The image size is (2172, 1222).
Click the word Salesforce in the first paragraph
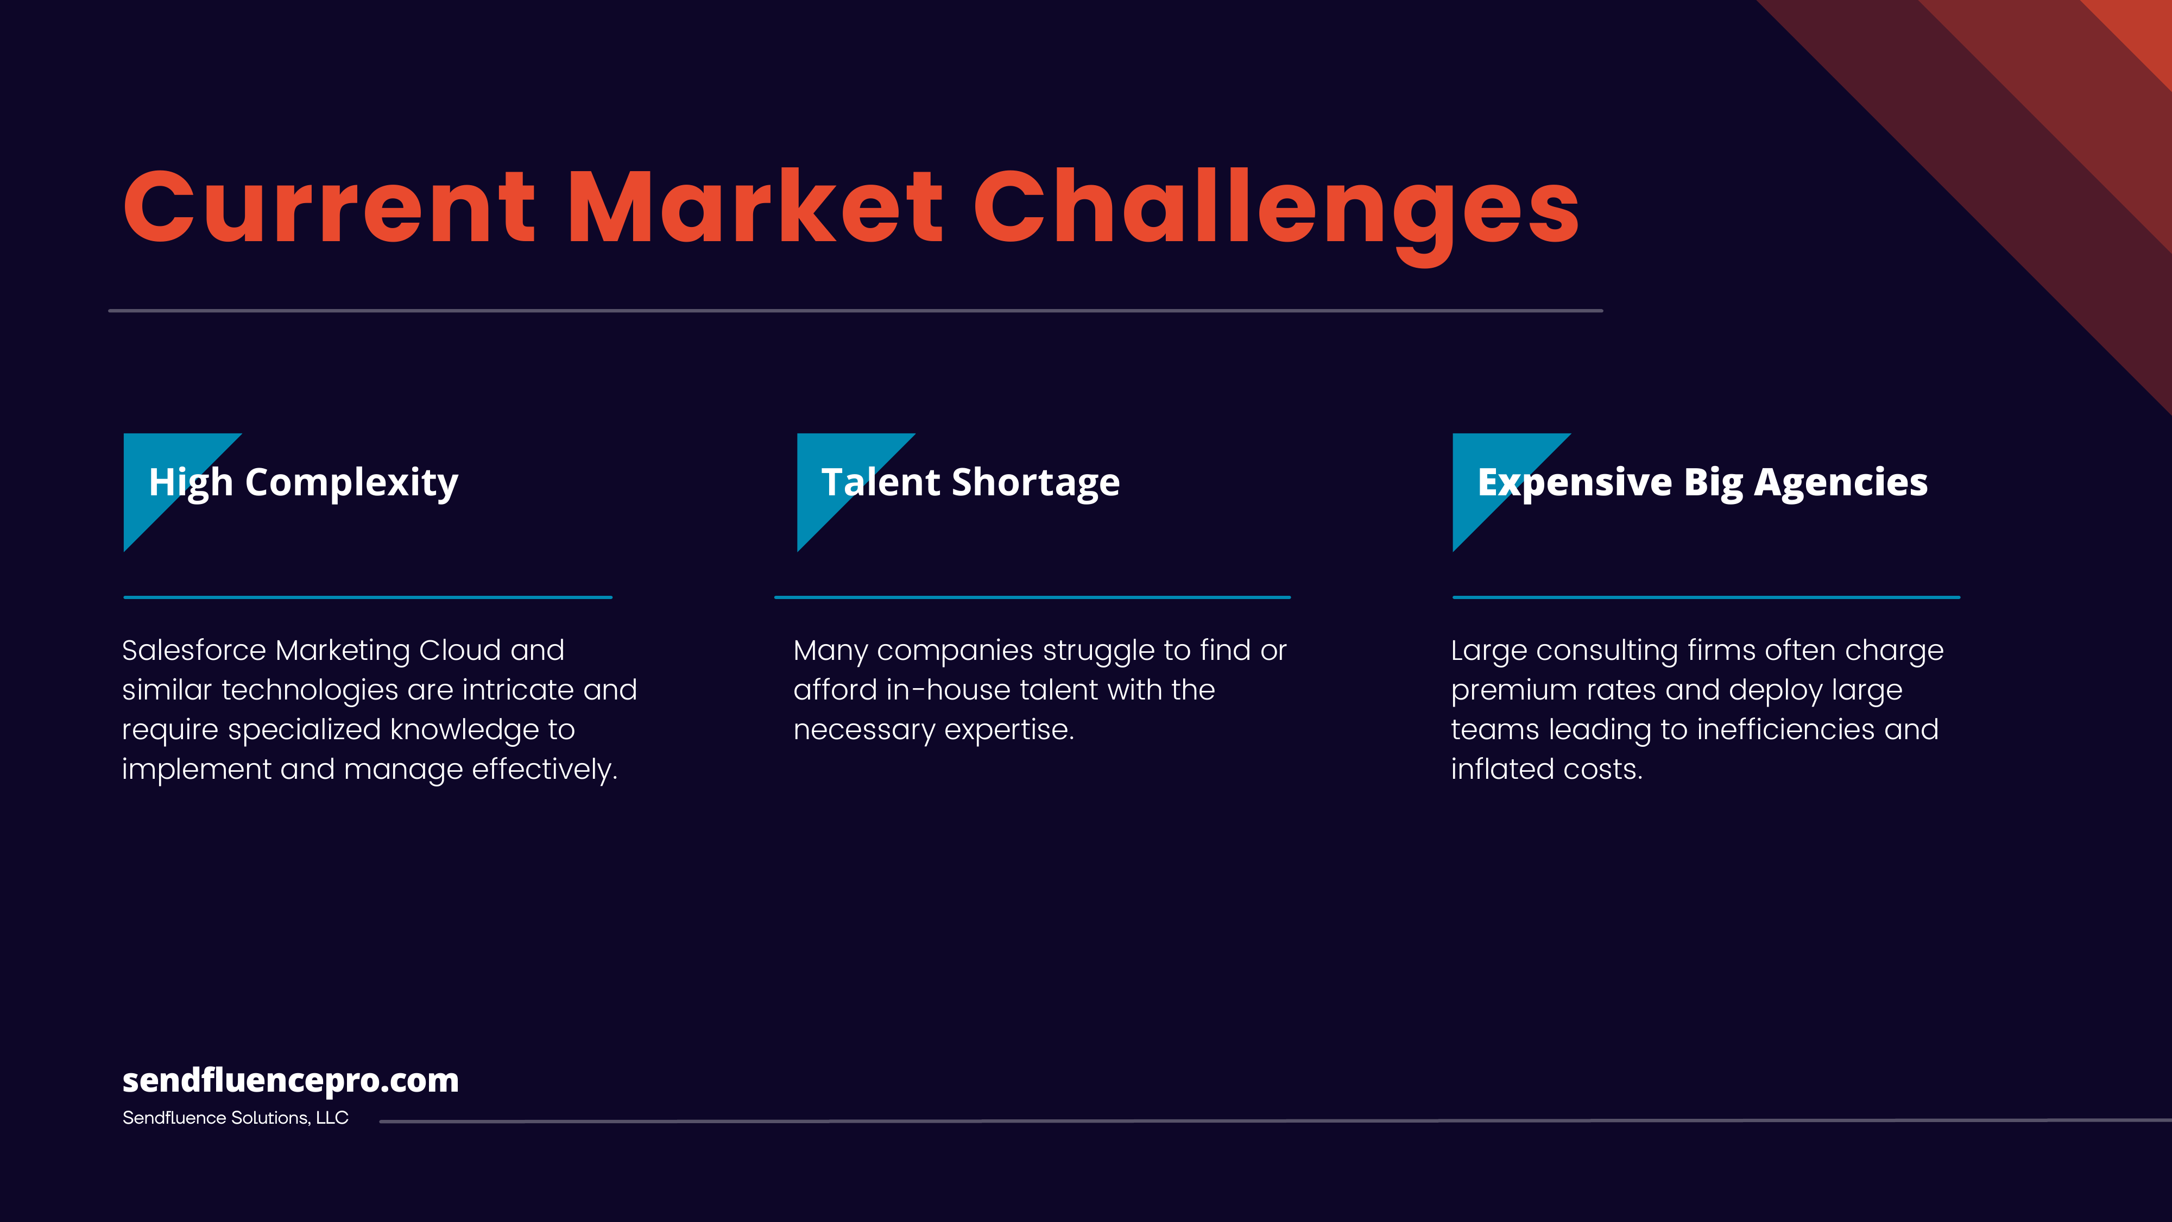coord(194,650)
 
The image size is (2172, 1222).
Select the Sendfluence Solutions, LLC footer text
coord(235,1118)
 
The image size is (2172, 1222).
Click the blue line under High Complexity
coord(368,597)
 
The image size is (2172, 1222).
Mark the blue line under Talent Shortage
coord(1032,597)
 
